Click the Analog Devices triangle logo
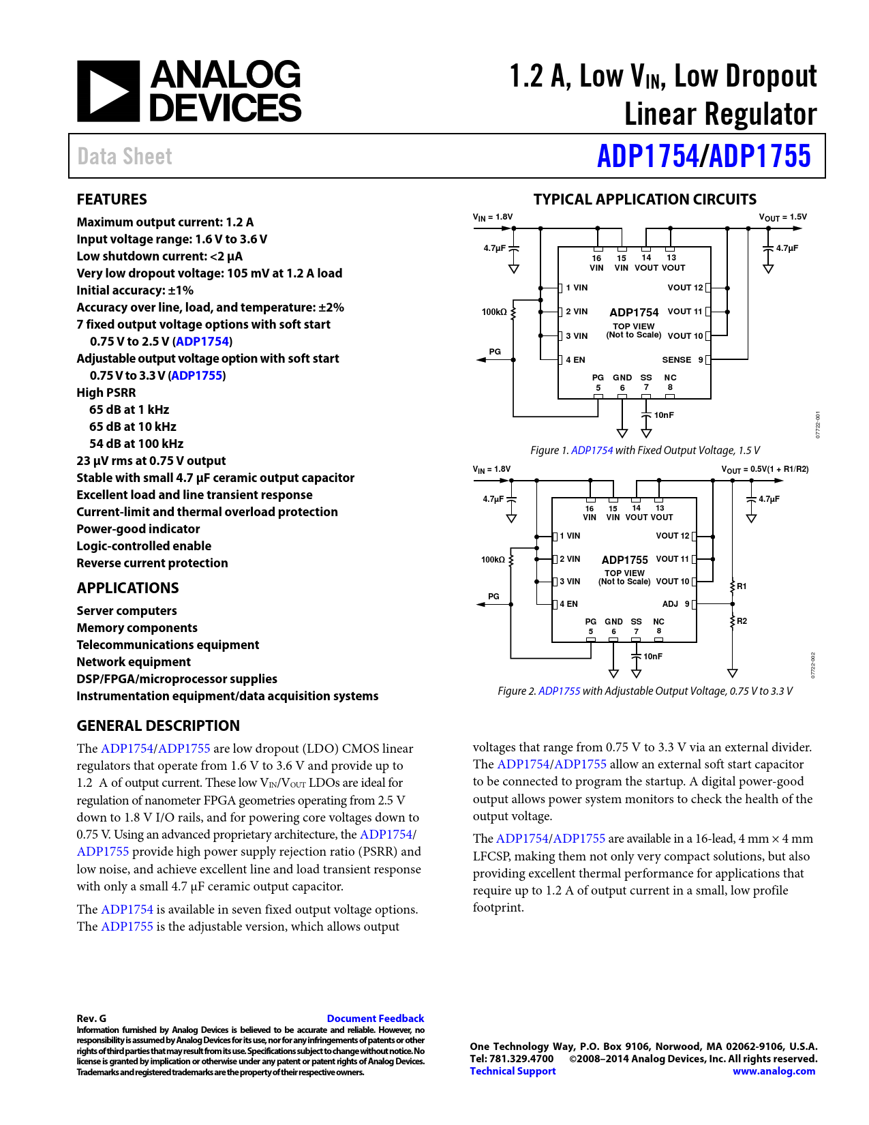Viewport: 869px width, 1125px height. point(108,91)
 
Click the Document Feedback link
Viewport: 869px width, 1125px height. point(375,1018)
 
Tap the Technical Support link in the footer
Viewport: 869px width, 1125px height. point(513,1070)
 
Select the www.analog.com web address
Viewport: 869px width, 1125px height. point(774,1070)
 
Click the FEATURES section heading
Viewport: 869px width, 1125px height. point(112,199)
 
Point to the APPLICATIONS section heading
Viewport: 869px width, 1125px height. point(127,588)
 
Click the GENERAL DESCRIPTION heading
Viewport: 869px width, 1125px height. point(158,725)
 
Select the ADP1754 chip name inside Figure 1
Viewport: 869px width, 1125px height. point(634,312)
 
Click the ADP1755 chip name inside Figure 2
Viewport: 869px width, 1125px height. point(624,560)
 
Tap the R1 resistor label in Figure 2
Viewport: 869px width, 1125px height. point(742,586)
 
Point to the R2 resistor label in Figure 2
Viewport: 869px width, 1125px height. point(742,621)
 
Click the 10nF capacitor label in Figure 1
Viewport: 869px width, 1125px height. point(664,415)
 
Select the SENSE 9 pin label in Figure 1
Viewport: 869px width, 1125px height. point(682,360)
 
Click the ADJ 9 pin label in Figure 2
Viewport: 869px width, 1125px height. point(675,604)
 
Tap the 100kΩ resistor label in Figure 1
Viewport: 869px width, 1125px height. point(494,312)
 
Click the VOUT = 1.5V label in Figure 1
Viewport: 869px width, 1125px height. point(782,217)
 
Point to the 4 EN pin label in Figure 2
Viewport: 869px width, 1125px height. point(568,604)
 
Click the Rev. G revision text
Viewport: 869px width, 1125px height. point(91,1018)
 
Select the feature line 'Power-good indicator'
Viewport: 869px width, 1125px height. point(138,529)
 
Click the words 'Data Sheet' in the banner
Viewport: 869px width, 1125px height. point(125,157)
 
